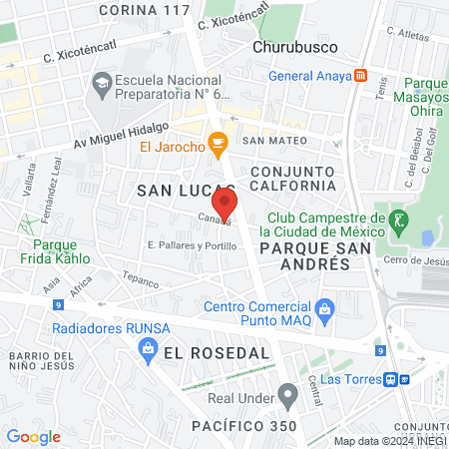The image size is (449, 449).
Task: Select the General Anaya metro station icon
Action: point(360,75)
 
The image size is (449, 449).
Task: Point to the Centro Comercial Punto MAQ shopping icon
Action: point(323,312)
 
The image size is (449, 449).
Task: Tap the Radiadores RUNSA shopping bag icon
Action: point(148,347)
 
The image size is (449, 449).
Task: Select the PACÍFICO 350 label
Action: point(243,426)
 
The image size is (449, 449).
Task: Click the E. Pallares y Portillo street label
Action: point(192,245)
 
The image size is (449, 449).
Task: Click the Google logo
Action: point(33,436)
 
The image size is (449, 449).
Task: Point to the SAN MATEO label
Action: point(266,141)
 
